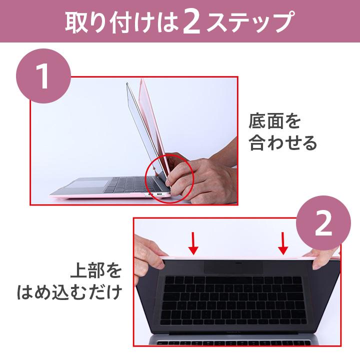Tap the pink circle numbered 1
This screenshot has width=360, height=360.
[44, 76]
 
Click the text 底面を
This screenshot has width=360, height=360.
[274, 121]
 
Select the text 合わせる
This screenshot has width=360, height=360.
[283, 143]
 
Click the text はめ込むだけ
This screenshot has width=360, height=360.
[69, 292]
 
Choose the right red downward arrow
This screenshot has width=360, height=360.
[283, 242]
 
